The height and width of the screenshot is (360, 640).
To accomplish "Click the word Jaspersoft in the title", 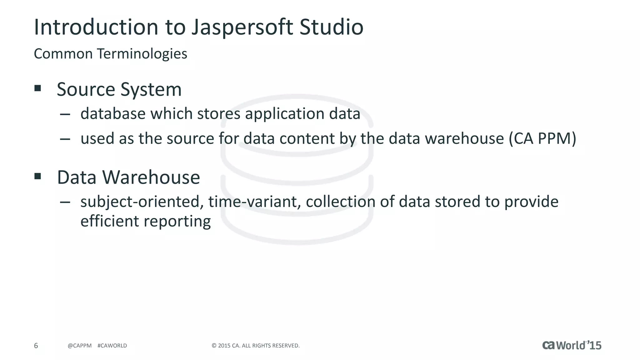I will [242, 27].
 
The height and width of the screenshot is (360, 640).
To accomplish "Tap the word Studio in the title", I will [332, 27].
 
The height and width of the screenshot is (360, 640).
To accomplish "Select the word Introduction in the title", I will [96, 27].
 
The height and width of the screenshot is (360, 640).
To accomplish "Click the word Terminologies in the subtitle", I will [142, 54].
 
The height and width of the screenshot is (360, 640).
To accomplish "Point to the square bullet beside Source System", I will [38, 88].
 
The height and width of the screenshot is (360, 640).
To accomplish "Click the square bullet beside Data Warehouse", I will [38, 176].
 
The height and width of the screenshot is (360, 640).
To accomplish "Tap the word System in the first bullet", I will [151, 90].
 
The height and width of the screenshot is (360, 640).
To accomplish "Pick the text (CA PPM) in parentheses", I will [542, 138].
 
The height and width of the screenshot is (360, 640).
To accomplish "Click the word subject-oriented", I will [140, 202].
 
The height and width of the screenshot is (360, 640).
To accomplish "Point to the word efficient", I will [110, 221].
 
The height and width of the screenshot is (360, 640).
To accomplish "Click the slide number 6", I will [36, 346].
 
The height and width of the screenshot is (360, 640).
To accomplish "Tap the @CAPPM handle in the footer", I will [80, 346].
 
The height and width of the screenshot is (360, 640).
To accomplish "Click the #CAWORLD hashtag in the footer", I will [112, 346].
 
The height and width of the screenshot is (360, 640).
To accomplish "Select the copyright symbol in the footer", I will [214, 346].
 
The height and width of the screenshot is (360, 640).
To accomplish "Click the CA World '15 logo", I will [572, 345].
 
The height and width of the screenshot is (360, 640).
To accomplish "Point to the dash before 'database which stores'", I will [65, 114].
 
